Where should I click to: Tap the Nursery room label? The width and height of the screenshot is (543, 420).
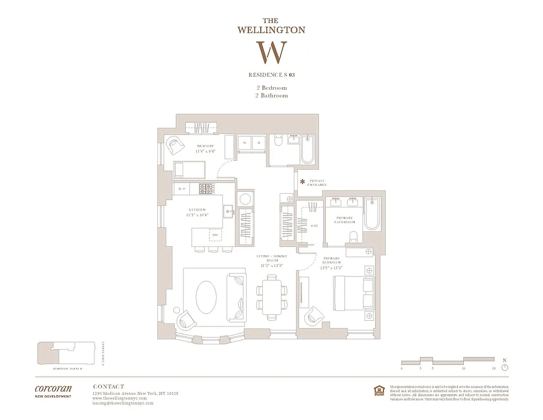point(206,149)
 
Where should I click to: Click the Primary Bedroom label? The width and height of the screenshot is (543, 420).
point(332,261)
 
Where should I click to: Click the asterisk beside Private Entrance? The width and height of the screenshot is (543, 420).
point(302,182)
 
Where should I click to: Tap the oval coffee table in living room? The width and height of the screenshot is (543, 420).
point(206,297)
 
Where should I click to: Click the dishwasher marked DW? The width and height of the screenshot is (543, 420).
point(215,235)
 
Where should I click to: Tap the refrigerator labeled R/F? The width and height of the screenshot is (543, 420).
point(182,188)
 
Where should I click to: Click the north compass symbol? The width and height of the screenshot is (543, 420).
point(505,366)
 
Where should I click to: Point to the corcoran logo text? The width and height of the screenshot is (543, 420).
point(53,389)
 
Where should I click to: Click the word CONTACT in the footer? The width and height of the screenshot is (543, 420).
point(108,386)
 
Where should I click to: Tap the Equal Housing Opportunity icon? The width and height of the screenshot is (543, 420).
point(377,390)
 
